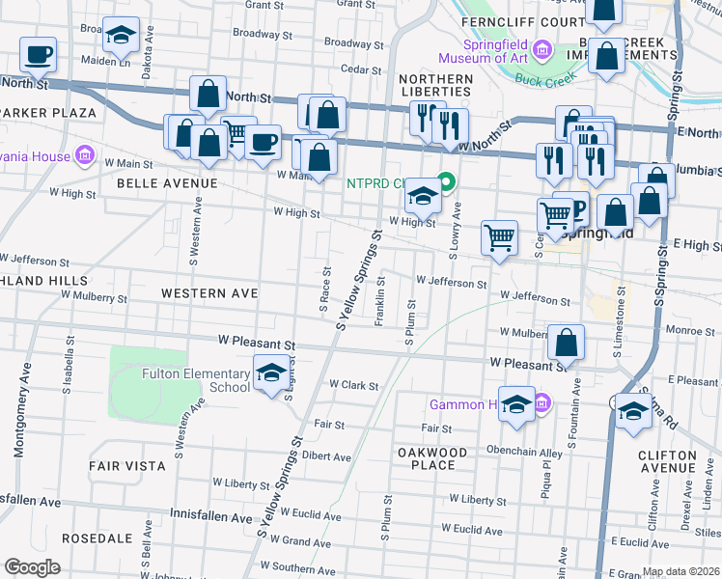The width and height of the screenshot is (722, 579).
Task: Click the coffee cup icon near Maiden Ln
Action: point(38,55)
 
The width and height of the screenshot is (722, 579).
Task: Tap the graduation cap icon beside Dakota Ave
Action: point(121,36)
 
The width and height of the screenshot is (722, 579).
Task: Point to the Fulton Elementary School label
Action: point(196,381)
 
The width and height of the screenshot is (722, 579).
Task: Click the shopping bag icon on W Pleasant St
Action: point(567,343)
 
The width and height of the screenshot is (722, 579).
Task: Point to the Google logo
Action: point(32,567)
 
